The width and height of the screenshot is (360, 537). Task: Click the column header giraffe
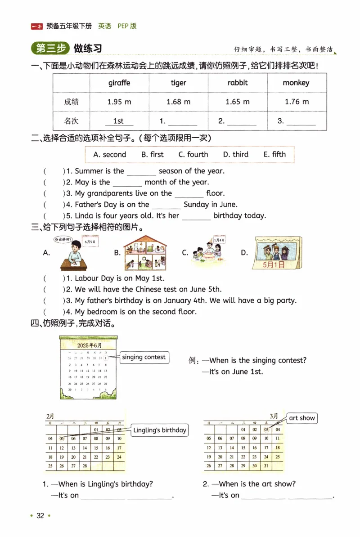coord(119,83)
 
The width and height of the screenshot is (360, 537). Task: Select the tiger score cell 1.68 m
coord(178,102)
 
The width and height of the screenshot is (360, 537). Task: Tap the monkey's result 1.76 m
coord(297,102)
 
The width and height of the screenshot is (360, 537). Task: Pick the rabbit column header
coord(238,83)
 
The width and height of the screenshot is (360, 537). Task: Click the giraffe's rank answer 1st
coord(118,121)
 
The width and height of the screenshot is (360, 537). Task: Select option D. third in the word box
coord(235,154)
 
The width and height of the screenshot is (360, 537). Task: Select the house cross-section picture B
coord(145,253)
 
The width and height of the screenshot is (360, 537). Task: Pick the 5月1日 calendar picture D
coord(274,253)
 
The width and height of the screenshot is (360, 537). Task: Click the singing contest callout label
coord(144,358)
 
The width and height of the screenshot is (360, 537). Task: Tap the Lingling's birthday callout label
coord(159,430)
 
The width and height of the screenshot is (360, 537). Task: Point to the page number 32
coord(40,515)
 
